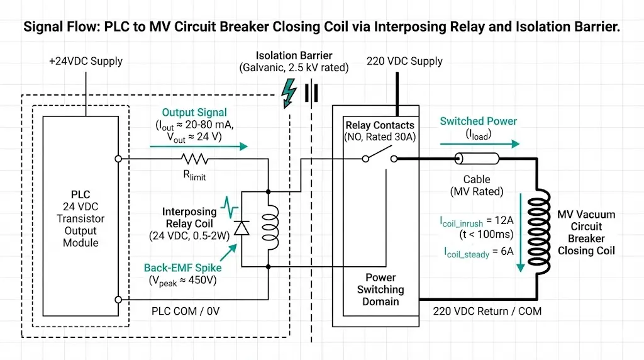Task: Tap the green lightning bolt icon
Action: click(x=289, y=92)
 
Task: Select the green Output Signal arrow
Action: click(x=199, y=146)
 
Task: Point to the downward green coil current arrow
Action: click(x=520, y=233)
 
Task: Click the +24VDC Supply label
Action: click(x=86, y=62)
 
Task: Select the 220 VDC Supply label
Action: click(x=404, y=61)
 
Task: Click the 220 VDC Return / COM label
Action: click(x=487, y=311)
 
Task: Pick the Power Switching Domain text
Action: click(x=380, y=290)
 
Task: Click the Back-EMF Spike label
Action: click(x=182, y=267)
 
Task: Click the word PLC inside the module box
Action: click(x=80, y=195)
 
